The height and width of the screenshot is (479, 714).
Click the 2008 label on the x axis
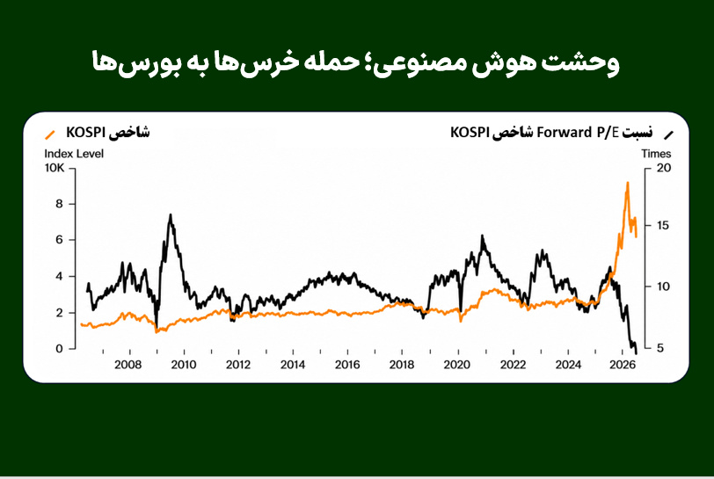128,365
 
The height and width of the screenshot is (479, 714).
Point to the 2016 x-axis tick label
347,365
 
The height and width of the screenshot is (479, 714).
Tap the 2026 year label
623,365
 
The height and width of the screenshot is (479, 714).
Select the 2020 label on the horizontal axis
456,365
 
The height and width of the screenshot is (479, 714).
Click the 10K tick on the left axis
55,168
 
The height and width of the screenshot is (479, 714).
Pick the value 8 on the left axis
59,204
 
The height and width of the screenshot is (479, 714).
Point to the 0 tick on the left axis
59,349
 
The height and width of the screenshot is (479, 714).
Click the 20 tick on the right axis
664,168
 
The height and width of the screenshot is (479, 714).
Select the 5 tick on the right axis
660,348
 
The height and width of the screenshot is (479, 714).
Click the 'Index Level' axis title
74,154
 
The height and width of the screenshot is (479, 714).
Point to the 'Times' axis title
656,154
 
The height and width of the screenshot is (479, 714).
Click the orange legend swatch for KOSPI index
49,134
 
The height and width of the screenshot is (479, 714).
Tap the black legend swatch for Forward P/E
668,134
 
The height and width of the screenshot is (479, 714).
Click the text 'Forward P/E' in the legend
578,133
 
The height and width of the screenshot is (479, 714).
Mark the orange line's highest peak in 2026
628,183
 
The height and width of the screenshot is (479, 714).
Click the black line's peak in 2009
171,214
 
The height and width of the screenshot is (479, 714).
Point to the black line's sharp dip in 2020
461,312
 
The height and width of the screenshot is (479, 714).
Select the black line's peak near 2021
482,236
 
